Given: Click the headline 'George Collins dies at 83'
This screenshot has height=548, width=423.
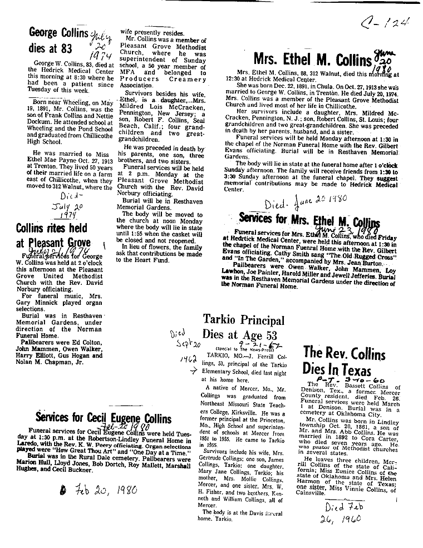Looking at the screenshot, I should (58, 41).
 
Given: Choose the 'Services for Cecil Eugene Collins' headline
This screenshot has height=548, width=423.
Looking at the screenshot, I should (103, 418).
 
